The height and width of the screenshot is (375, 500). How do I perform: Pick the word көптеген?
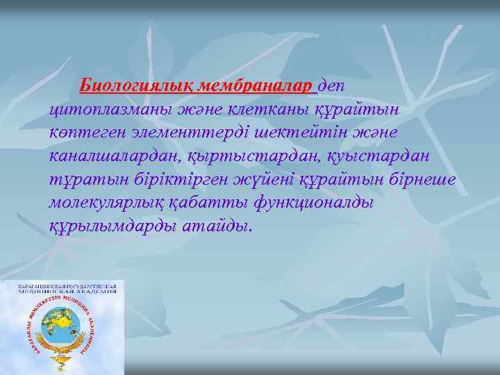[x=84, y=133]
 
